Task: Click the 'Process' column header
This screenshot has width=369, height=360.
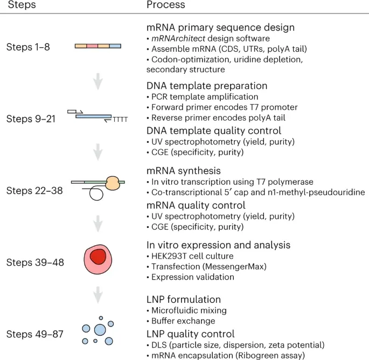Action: (x=166, y=5)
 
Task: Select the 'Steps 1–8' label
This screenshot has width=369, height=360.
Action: (x=28, y=47)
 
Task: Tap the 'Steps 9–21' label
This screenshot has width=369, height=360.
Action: (x=31, y=119)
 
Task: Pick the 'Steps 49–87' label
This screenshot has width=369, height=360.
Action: (x=33, y=334)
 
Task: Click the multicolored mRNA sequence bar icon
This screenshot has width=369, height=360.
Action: (x=98, y=47)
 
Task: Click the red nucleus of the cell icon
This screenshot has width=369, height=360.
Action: (x=98, y=258)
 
